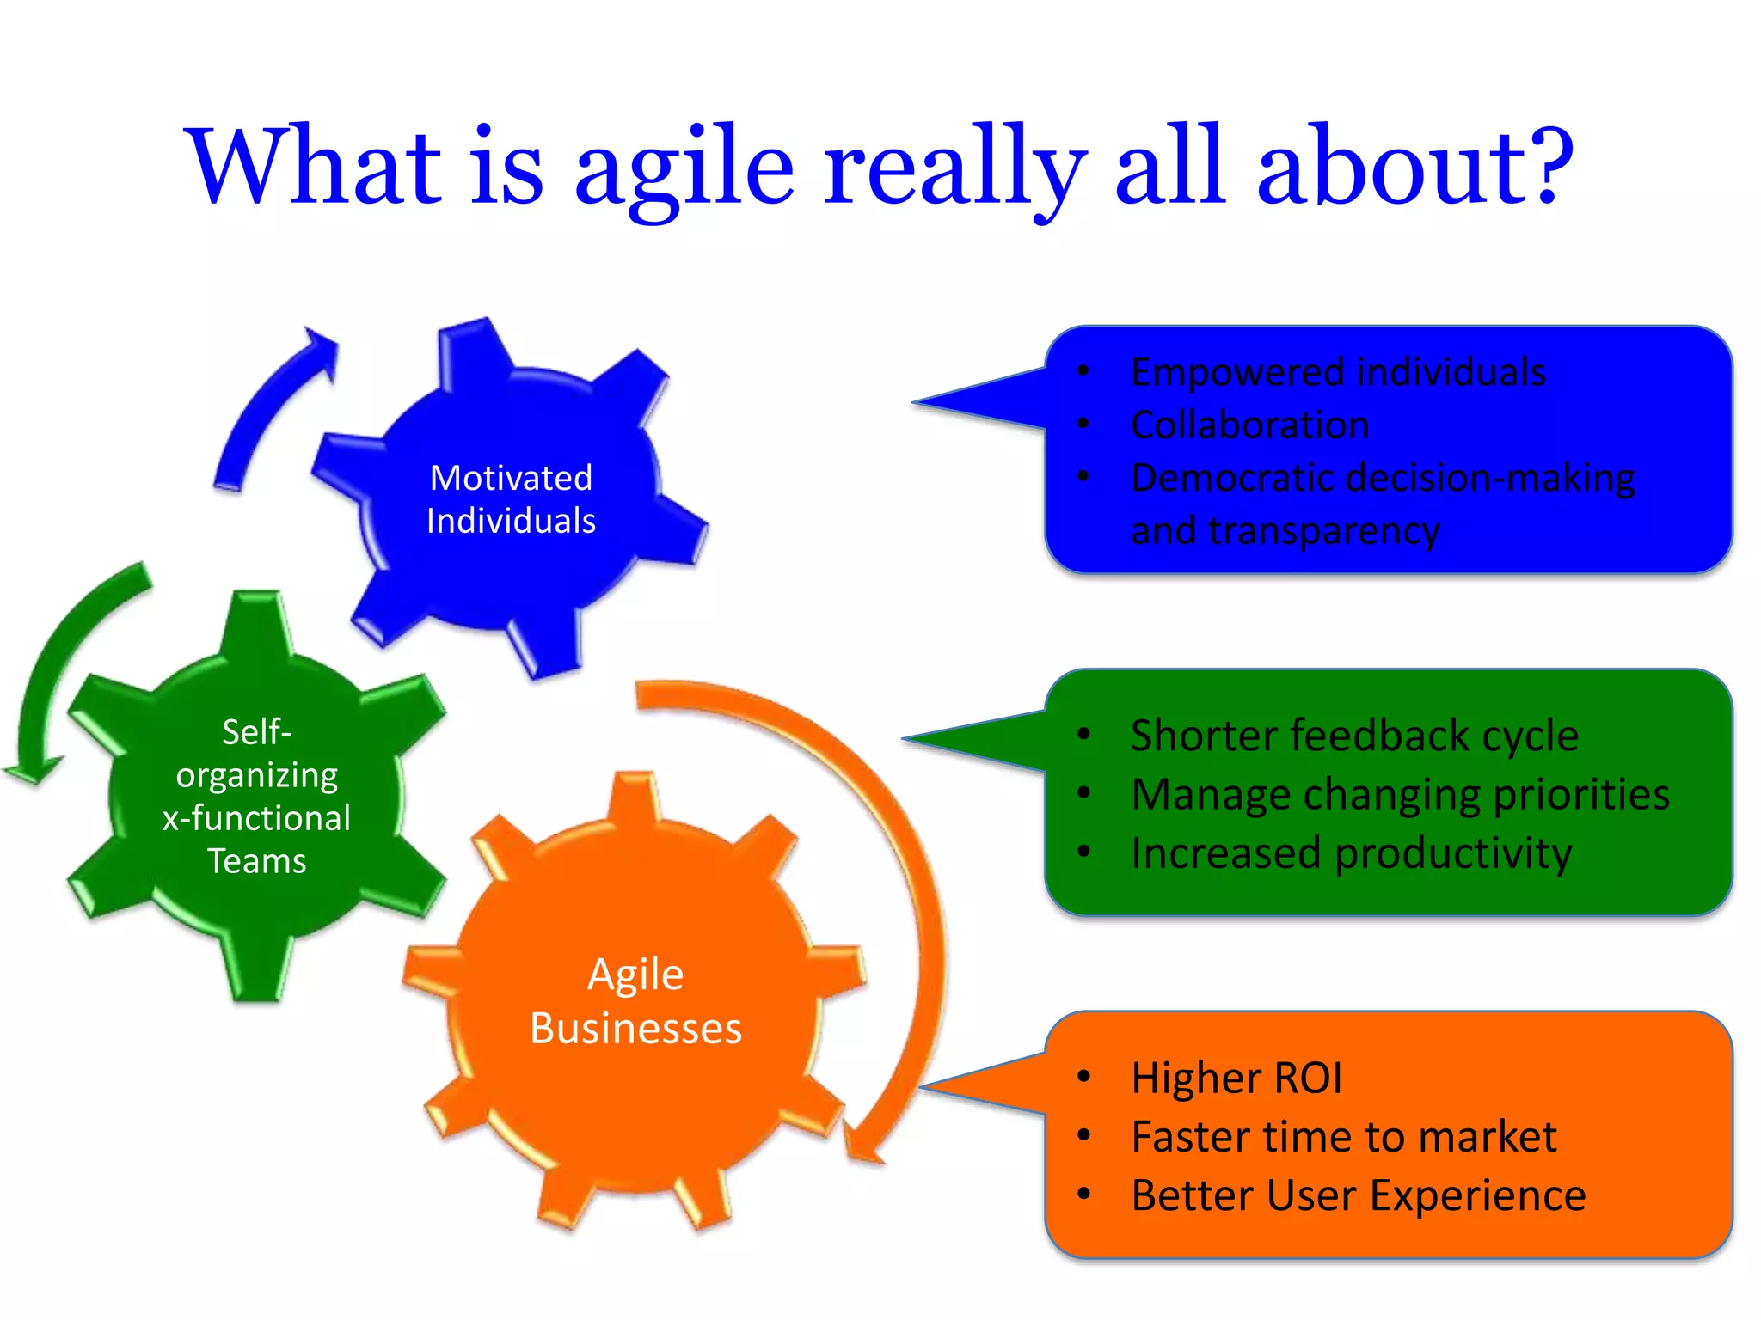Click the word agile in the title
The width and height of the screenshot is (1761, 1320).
pos(684,168)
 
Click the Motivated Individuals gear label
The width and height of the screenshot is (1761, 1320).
pos(511,499)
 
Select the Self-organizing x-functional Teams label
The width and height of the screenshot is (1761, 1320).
pos(257,796)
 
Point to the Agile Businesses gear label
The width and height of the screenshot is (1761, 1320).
pos(635,1001)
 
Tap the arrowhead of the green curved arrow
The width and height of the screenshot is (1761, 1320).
pos(33,768)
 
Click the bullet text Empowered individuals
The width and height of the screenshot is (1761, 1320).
pos(1338,372)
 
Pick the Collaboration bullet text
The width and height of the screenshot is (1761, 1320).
pos(1249,425)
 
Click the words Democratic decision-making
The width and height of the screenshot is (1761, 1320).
pos(1383,478)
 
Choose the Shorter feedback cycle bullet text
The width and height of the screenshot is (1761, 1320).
pos(1354,736)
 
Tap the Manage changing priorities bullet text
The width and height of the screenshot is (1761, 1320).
pos(1400,794)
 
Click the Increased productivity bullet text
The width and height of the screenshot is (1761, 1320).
pos(1351,853)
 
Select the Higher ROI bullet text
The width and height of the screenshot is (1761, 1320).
pos(1236,1078)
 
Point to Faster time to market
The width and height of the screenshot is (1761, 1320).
pos(1343,1136)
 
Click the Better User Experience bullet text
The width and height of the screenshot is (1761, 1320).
pos(1359,1195)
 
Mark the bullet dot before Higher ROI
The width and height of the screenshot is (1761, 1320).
pos(1084,1077)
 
